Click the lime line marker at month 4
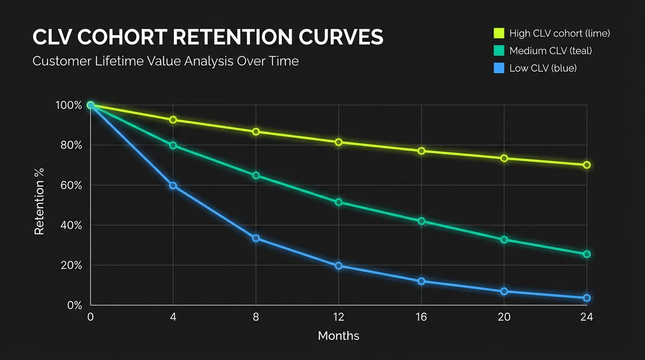(x=173, y=120)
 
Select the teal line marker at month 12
(x=338, y=202)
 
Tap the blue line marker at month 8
(x=256, y=238)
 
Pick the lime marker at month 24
(x=586, y=165)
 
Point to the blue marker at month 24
(x=586, y=298)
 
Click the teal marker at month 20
(x=504, y=240)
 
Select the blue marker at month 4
(x=173, y=186)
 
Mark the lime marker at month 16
(x=421, y=151)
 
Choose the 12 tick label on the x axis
(x=338, y=317)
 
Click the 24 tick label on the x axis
(x=586, y=317)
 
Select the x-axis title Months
(x=338, y=336)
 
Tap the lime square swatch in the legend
(x=498, y=33)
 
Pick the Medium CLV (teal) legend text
(x=550, y=51)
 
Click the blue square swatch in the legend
(x=498, y=68)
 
